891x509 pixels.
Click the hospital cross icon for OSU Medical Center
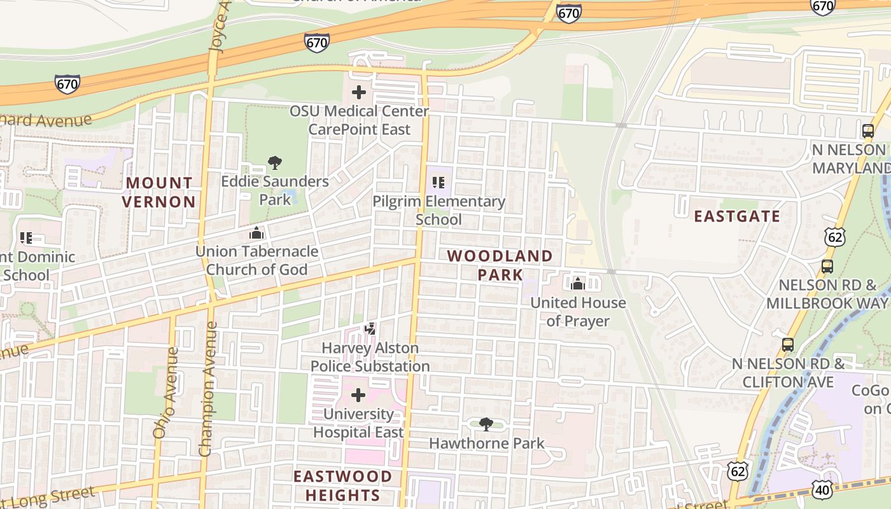[x=359, y=92]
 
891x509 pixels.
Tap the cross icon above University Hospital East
[x=358, y=395]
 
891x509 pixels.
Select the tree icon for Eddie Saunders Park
[x=275, y=163]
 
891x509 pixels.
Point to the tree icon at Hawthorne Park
[x=486, y=424]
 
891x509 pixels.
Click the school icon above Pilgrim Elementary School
[x=438, y=183]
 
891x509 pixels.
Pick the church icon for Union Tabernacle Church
[x=256, y=233]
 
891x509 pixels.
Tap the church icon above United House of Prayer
[x=578, y=284]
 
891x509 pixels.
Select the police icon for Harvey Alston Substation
[x=370, y=329]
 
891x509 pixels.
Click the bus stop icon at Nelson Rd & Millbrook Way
[x=827, y=266]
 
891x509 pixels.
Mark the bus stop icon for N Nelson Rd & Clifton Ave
[x=788, y=345]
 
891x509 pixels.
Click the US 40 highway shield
[x=822, y=489]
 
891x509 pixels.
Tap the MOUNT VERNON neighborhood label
[x=159, y=192]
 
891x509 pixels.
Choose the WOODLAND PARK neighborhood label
[x=500, y=265]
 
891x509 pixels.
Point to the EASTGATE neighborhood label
[x=737, y=216]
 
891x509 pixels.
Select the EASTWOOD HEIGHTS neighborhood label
[x=342, y=485]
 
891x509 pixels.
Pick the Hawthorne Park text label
[x=487, y=443]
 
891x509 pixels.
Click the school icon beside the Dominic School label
[x=26, y=238]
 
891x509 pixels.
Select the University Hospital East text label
[x=358, y=423]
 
